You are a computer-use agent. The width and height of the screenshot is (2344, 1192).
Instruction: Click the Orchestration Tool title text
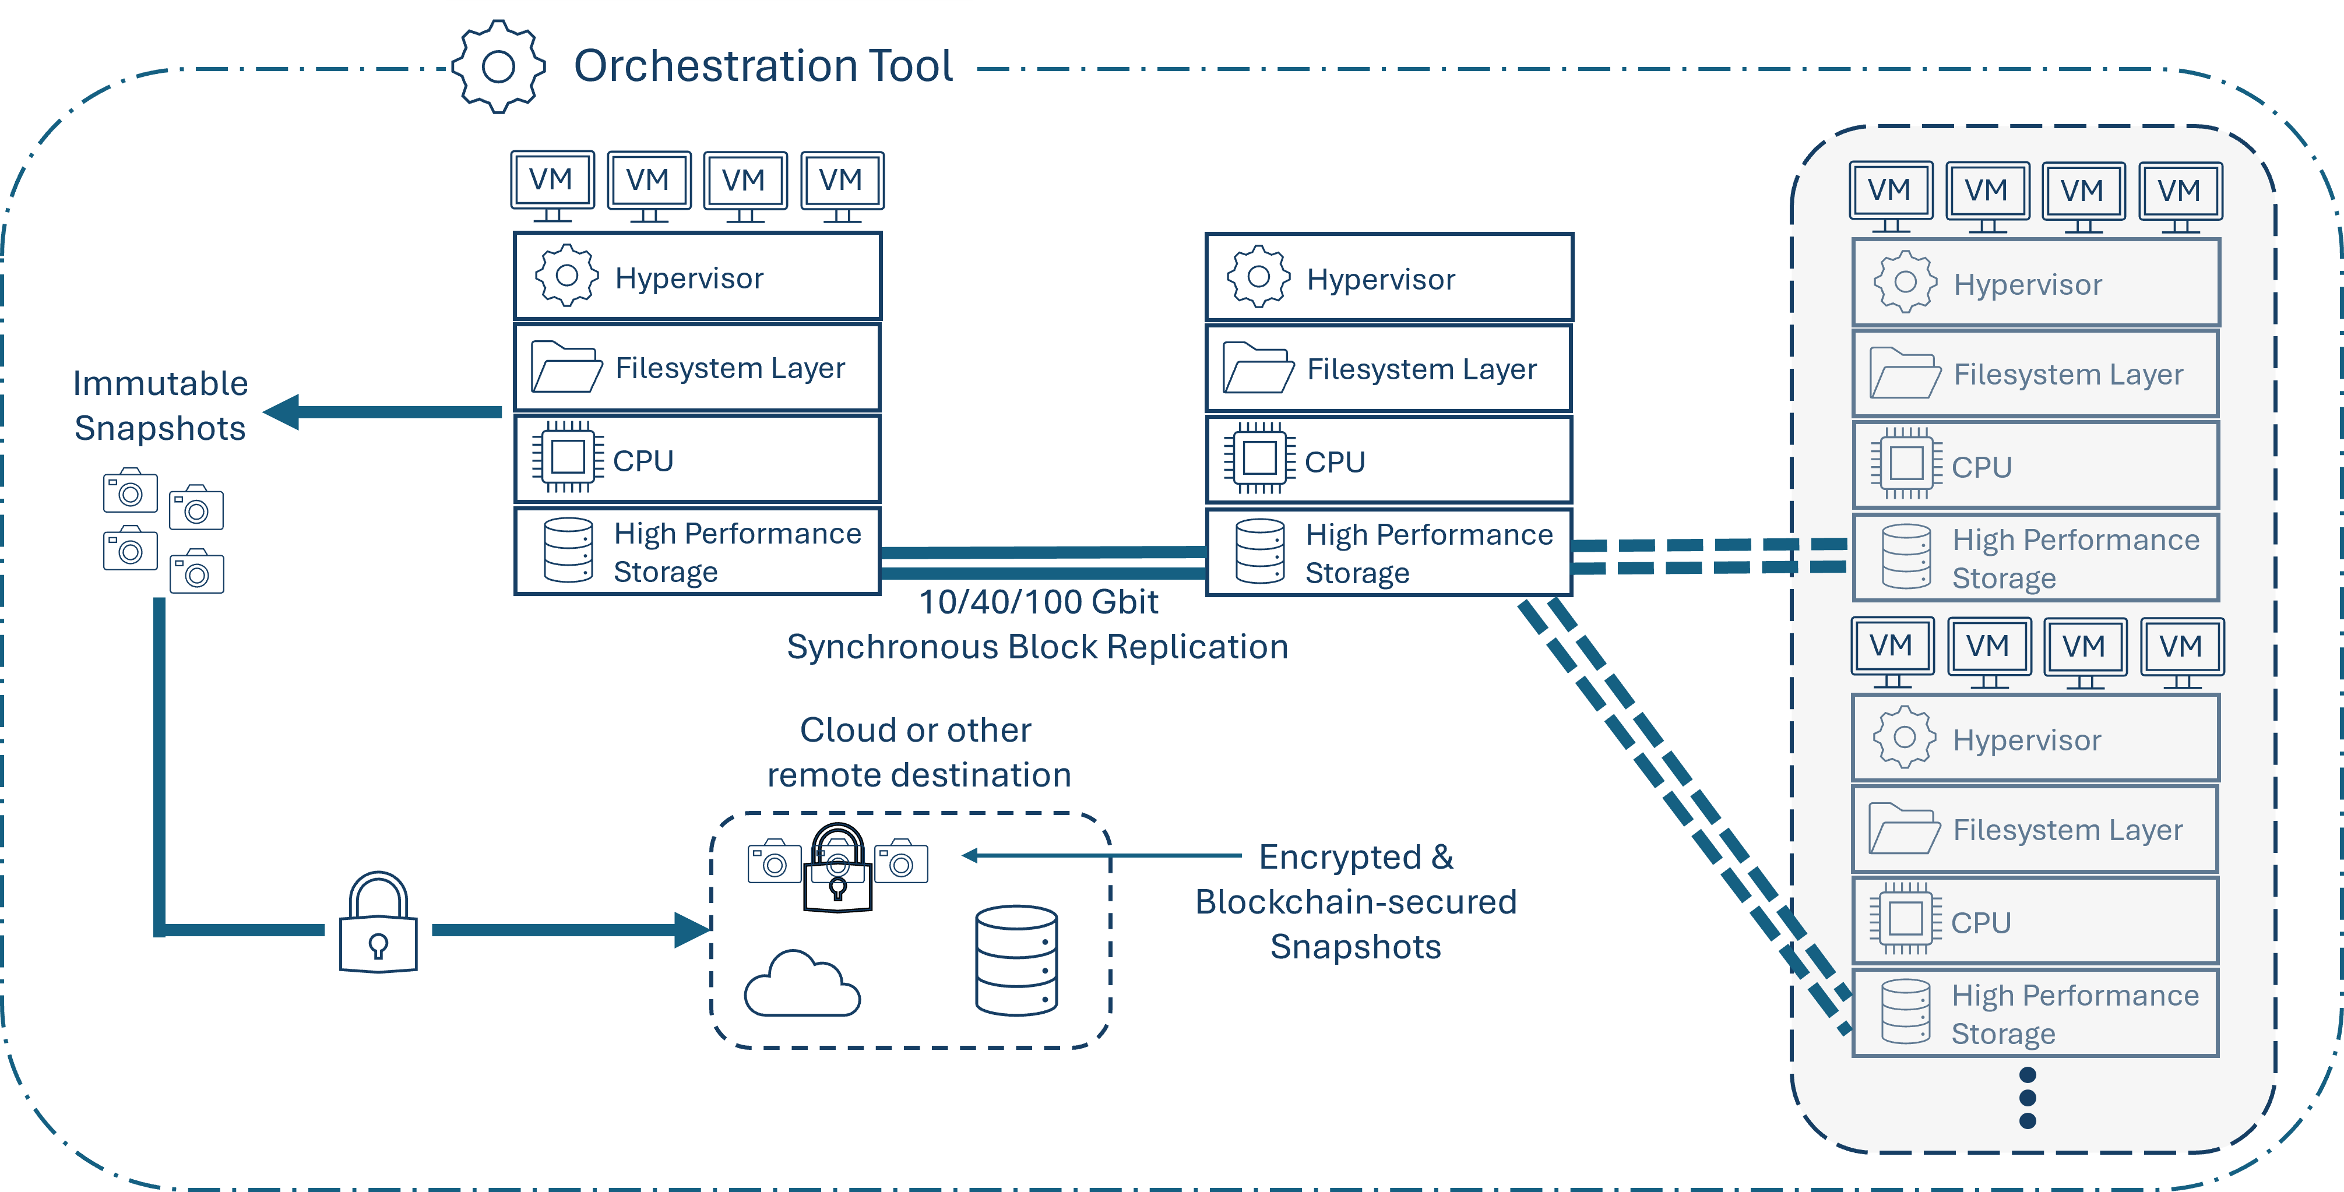pos(762,65)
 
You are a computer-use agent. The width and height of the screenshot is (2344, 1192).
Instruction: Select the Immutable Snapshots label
pos(160,406)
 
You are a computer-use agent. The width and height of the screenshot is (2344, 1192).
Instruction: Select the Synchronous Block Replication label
pos(1037,647)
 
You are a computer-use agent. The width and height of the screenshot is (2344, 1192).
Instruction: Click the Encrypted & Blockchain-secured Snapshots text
pos(1356,902)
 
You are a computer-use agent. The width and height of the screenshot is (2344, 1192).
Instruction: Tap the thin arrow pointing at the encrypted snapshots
pos(1101,855)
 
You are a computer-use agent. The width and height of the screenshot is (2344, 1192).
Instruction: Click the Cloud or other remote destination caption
pos(917,753)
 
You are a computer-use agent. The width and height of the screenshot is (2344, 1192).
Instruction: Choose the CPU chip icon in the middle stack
pos(1259,459)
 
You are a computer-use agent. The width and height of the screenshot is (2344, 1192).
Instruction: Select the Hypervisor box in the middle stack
pos(1389,277)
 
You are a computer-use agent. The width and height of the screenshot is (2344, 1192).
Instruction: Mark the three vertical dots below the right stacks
pos(2028,1098)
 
